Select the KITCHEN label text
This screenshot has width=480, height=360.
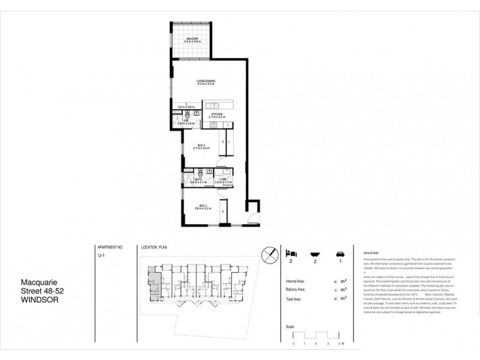tap(216, 115)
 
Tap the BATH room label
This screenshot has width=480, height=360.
tap(198, 180)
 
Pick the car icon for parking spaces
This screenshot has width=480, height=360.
tap(341, 254)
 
